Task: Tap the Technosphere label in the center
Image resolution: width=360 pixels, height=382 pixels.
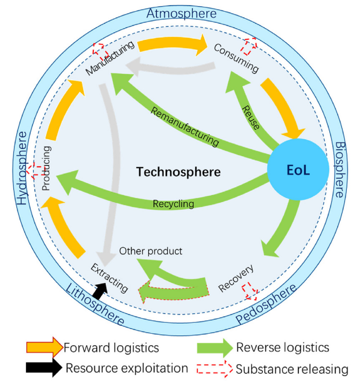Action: coord(178,171)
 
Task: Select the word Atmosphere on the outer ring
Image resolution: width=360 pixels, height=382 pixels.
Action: coord(181,13)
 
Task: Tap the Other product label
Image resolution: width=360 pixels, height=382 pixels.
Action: coord(151,251)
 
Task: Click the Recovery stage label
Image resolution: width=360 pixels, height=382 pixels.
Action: coord(236,278)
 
